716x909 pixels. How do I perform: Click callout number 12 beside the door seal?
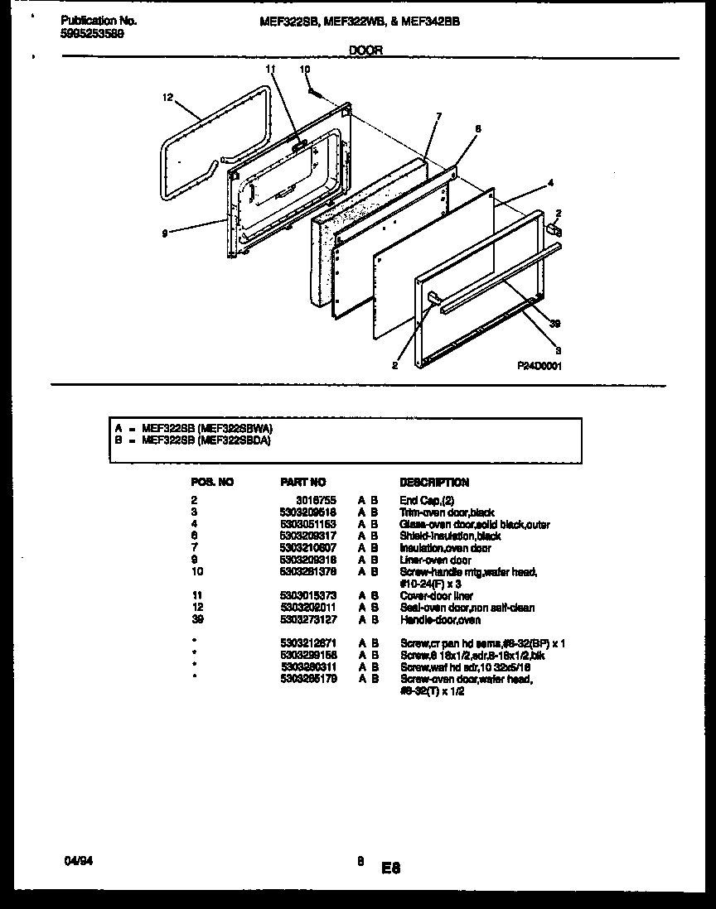[x=167, y=98]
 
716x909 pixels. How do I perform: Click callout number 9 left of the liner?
[x=166, y=234]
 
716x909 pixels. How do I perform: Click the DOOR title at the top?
[x=365, y=50]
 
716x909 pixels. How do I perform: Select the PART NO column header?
[x=303, y=482]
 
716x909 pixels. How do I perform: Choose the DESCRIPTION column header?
[x=434, y=482]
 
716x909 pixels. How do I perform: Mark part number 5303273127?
[x=308, y=619]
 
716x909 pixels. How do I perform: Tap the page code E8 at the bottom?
[x=391, y=868]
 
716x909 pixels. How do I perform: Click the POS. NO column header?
[x=212, y=482]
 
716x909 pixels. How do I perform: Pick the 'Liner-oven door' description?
[x=435, y=560]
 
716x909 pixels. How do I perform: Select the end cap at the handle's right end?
[x=554, y=229]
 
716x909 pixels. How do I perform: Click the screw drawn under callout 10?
[x=313, y=92]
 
